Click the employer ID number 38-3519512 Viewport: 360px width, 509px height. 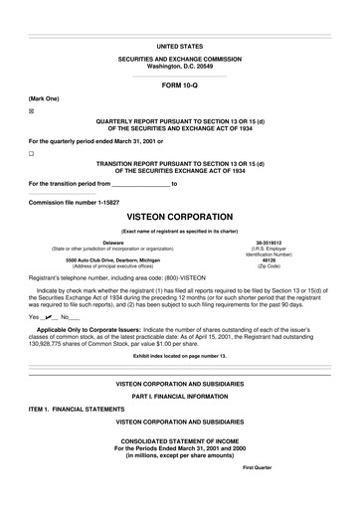(269, 242)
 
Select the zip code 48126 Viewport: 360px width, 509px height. (269, 260)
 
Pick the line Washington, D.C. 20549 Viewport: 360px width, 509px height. (180, 66)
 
